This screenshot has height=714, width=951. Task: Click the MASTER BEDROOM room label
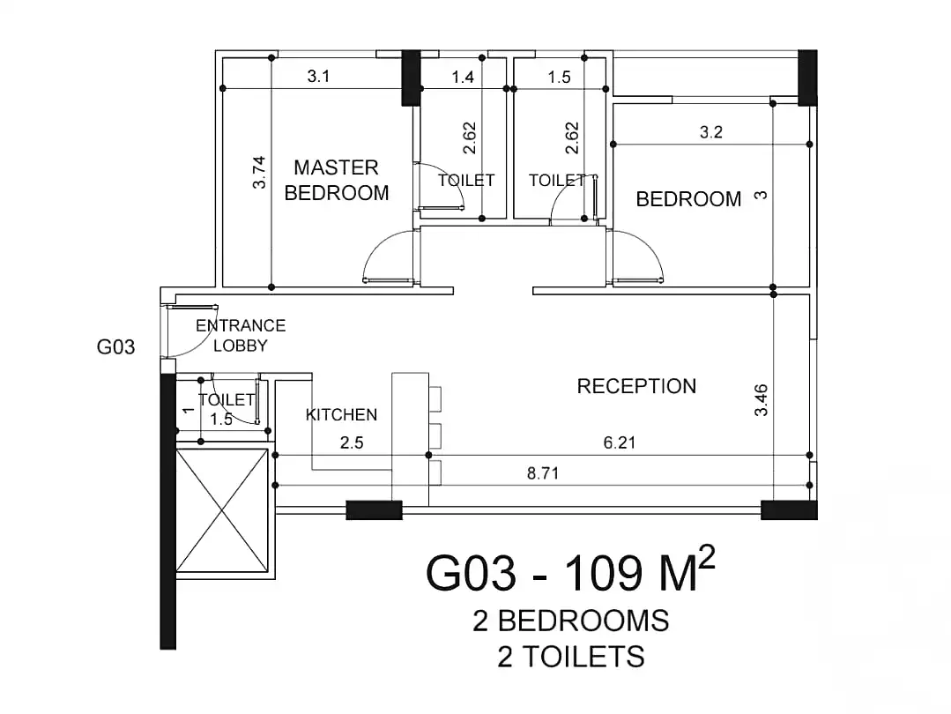tap(336, 180)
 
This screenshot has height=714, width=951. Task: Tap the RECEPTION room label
tap(636, 386)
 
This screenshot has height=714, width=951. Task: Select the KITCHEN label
tap(341, 414)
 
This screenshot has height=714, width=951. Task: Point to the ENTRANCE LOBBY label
tap(241, 336)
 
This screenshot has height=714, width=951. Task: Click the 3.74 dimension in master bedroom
tap(258, 172)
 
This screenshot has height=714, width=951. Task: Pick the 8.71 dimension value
tap(544, 473)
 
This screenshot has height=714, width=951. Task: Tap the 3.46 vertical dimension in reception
tap(762, 399)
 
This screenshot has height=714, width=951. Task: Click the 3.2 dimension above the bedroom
tap(710, 132)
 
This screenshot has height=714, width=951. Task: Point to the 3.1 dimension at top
tap(318, 77)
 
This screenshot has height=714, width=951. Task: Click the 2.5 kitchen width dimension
tap(352, 443)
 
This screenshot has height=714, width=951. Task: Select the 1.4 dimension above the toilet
tap(463, 77)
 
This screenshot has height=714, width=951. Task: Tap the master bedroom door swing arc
tap(384, 256)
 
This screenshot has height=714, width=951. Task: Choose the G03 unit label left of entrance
tap(115, 347)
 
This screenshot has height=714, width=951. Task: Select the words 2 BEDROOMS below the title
tap(570, 621)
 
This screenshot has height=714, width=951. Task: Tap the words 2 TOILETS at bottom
tap(570, 657)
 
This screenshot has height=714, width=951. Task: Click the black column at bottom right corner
tap(789, 509)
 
